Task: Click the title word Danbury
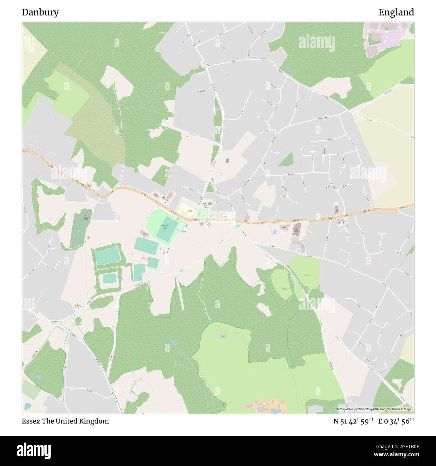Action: pos(40,12)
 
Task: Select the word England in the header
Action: pos(396,12)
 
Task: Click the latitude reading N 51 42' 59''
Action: pos(353,421)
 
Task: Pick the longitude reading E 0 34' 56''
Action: pos(396,421)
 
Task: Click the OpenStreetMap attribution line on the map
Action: pos(374,409)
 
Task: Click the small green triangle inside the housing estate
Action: pos(287,159)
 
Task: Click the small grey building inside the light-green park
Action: pos(224,335)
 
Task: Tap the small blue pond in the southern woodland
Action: pos(173,343)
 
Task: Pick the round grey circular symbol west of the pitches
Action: pos(88,237)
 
